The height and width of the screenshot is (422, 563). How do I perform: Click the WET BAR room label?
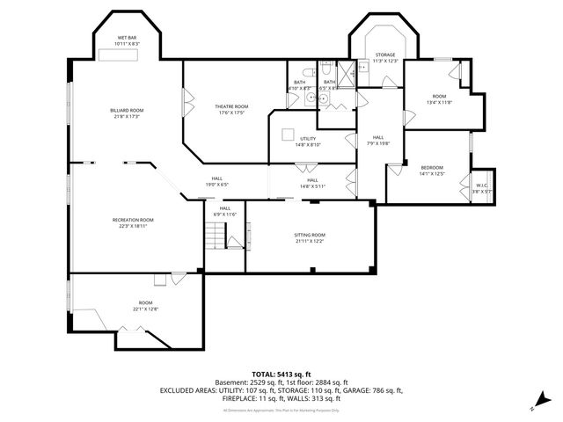click(x=128, y=38)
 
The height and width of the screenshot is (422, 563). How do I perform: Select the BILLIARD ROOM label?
click(x=127, y=110)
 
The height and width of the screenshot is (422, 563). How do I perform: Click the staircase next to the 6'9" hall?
click(x=216, y=235)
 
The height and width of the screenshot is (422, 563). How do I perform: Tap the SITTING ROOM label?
click(x=309, y=235)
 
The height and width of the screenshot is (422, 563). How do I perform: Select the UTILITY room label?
click(x=308, y=139)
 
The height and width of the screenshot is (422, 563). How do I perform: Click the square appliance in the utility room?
click(x=288, y=134)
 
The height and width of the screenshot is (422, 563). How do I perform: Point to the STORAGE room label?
click(x=385, y=55)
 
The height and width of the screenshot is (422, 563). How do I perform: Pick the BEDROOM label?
click(x=432, y=167)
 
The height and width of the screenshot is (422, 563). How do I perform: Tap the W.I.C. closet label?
click(x=482, y=185)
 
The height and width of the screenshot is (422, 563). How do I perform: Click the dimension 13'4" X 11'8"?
click(x=439, y=102)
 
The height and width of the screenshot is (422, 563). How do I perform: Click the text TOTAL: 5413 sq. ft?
click(x=281, y=375)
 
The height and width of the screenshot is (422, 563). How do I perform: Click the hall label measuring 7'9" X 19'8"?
click(x=377, y=140)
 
